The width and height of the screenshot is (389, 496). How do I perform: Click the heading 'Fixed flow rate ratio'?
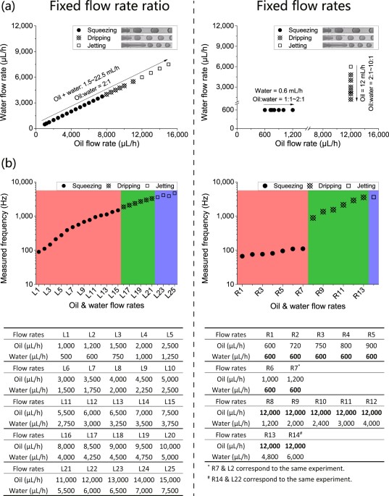click(103, 9)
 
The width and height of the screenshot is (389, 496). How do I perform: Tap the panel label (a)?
click(11, 9)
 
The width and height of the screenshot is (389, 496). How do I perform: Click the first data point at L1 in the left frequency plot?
click(39, 251)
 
